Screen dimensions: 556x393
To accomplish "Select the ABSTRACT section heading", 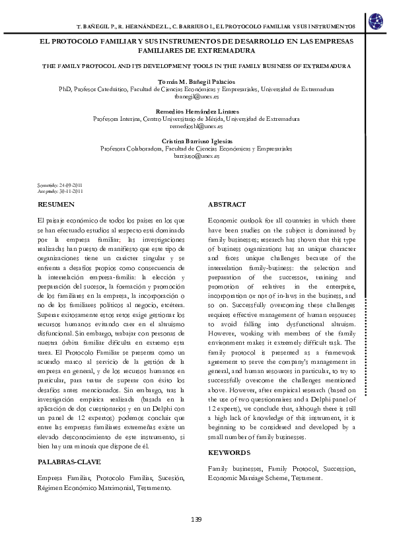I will tap(227, 204).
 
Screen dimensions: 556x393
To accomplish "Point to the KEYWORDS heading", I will tap(229, 452).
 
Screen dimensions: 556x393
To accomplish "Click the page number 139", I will tap(196, 520).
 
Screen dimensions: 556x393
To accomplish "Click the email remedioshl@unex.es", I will tap(196, 125).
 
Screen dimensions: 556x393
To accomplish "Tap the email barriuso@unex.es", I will tap(196, 156).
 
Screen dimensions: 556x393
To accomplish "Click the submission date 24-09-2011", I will tap(71, 186).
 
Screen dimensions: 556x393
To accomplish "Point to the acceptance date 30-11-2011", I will tap(71, 191).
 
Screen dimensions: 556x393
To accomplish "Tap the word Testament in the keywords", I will tap(306, 477).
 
